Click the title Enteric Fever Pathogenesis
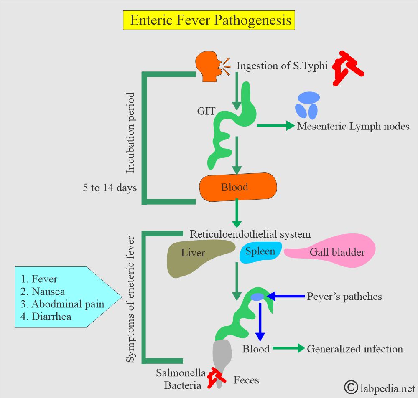[x=209, y=20]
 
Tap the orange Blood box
[x=238, y=187]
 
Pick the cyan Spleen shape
[x=260, y=252]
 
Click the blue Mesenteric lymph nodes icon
[x=308, y=106]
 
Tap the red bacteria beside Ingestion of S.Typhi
[x=346, y=68]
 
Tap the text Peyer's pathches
[x=344, y=297]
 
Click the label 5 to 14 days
[x=110, y=188]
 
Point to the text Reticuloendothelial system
[x=250, y=234]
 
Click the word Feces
[x=246, y=380]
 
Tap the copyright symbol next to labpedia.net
[x=351, y=387]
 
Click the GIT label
[x=206, y=112]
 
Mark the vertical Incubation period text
[x=130, y=133]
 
